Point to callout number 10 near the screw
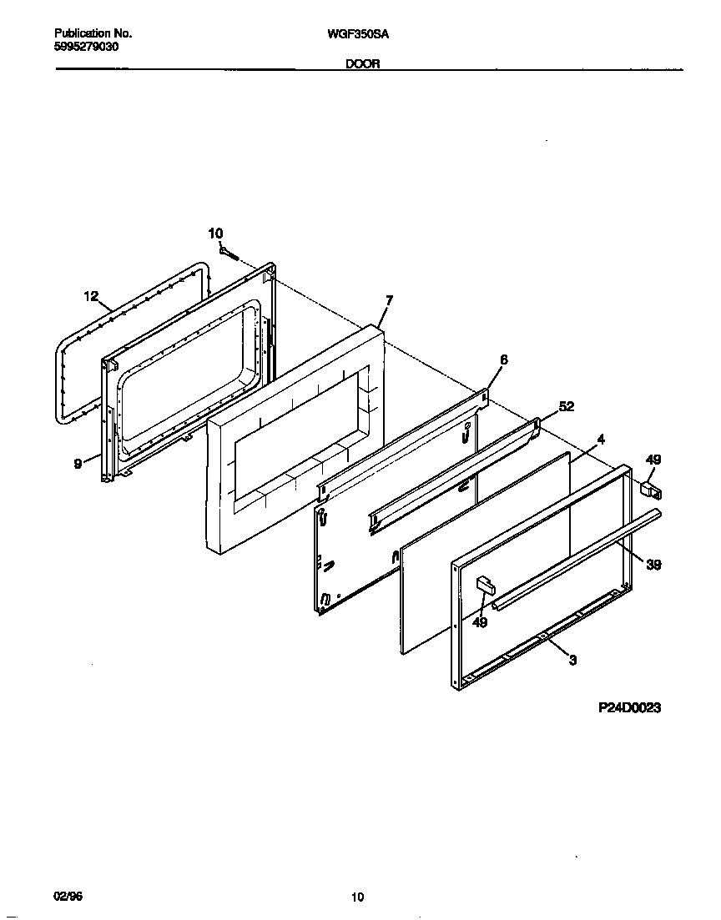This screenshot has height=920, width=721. pyautogui.click(x=215, y=234)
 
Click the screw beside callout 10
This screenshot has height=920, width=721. pyautogui.click(x=230, y=251)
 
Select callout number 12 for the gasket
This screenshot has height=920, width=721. pyautogui.click(x=91, y=296)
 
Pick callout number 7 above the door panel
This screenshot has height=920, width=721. pyautogui.click(x=389, y=299)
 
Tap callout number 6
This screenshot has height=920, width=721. pyautogui.click(x=503, y=359)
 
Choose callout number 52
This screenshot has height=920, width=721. pyautogui.click(x=566, y=406)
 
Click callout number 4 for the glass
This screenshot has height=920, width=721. pyautogui.click(x=600, y=438)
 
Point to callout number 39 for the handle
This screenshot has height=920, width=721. pyautogui.click(x=653, y=565)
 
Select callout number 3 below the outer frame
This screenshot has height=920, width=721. pyautogui.click(x=572, y=660)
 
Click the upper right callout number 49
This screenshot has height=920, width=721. pyautogui.click(x=653, y=459)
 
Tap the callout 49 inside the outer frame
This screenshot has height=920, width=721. pyautogui.click(x=479, y=621)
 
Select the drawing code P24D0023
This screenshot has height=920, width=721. pyautogui.click(x=629, y=708)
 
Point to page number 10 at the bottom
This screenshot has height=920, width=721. pyautogui.click(x=357, y=897)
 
